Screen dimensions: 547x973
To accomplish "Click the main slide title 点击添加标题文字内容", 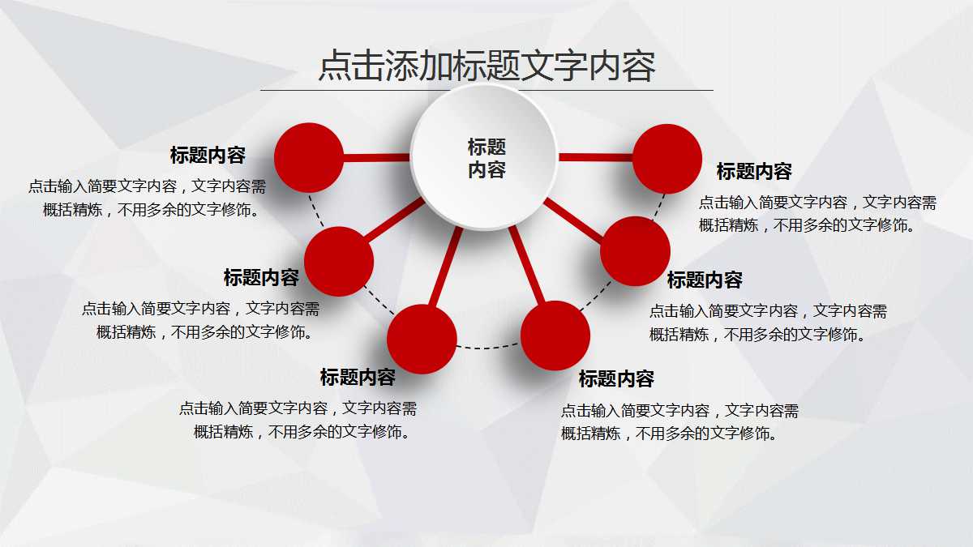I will pyautogui.click(x=486, y=66).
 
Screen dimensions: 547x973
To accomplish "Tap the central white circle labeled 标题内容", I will pyautogui.click(x=484, y=157).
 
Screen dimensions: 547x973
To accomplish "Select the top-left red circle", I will pyautogui.click(x=309, y=158).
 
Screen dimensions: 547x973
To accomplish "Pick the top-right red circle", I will pyautogui.click(x=667, y=158).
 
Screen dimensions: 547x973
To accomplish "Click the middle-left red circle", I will pyautogui.click(x=339, y=261).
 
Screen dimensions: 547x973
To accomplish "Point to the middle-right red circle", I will pyautogui.click(x=635, y=251).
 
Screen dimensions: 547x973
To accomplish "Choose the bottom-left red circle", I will pyautogui.click(x=422, y=339).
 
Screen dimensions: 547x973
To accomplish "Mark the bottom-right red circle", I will pyautogui.click(x=555, y=335).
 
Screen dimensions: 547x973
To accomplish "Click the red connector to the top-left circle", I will pyautogui.click(x=377, y=158).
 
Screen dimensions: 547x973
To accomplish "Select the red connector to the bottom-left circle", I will pyautogui.click(x=446, y=267).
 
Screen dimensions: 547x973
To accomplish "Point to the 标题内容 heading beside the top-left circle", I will pyautogui.click(x=208, y=155).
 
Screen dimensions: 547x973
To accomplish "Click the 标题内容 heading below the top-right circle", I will pyautogui.click(x=754, y=172).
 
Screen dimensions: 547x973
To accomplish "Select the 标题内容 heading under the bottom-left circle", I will pyautogui.click(x=358, y=377).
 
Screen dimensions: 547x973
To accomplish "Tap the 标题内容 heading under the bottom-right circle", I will pyautogui.click(x=616, y=378).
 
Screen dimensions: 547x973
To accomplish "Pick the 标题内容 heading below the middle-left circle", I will pyautogui.click(x=261, y=278).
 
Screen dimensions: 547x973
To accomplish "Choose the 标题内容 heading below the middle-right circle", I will pyautogui.click(x=705, y=280).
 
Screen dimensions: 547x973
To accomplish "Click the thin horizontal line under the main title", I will pyautogui.click(x=486, y=90).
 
